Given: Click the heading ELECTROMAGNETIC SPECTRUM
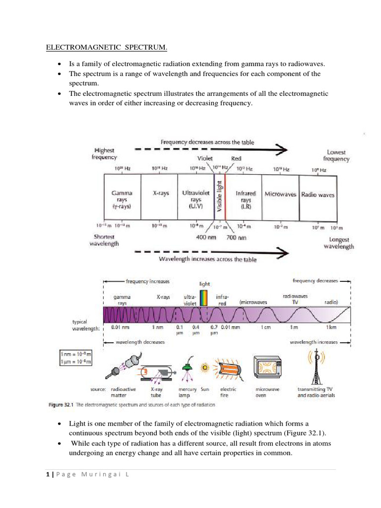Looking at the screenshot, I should pos(107,48).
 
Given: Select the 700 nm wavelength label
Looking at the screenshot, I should pos(236,238).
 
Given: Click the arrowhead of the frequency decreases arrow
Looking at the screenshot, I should pos(281,149).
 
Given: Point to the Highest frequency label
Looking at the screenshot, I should pos(104,154).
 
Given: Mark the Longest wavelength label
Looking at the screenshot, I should pos(341,243).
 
